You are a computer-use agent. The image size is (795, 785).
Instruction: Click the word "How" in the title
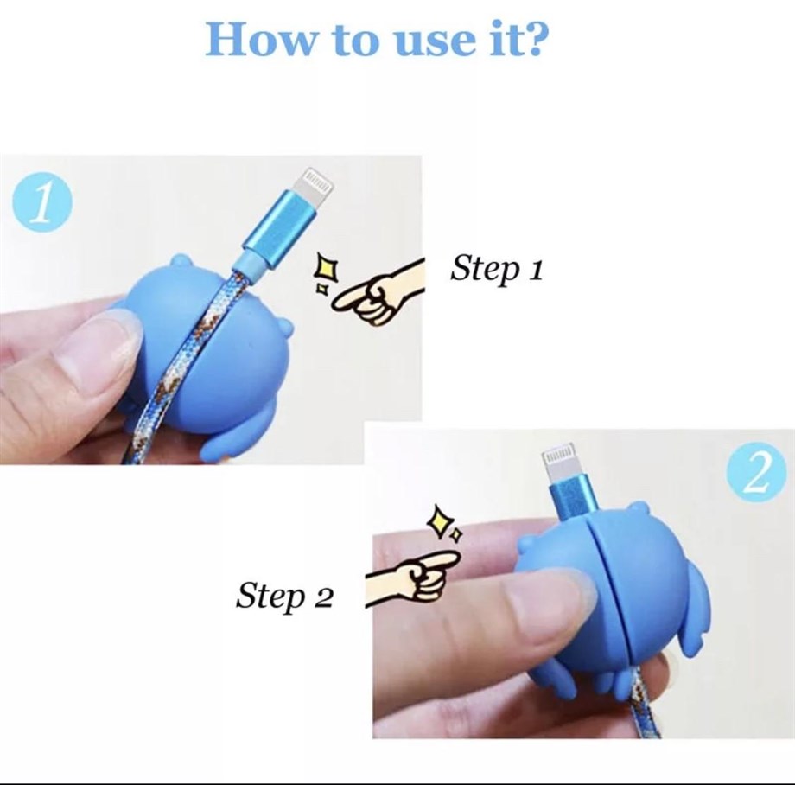260,39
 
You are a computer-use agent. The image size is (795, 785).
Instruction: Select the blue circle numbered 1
41,203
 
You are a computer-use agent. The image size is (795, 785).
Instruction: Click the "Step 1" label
497,268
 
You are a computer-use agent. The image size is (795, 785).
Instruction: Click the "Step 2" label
284,596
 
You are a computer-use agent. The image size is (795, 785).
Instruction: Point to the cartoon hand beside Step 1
378,294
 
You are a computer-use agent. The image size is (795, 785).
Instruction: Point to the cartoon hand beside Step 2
411,578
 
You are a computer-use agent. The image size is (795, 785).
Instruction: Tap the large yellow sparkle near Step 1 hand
326,270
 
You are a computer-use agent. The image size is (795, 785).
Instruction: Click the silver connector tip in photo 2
560,462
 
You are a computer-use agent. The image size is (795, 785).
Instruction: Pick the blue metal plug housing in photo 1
279,229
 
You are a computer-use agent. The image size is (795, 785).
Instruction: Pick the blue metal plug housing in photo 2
571,500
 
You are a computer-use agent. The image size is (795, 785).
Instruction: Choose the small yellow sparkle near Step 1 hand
321,289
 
